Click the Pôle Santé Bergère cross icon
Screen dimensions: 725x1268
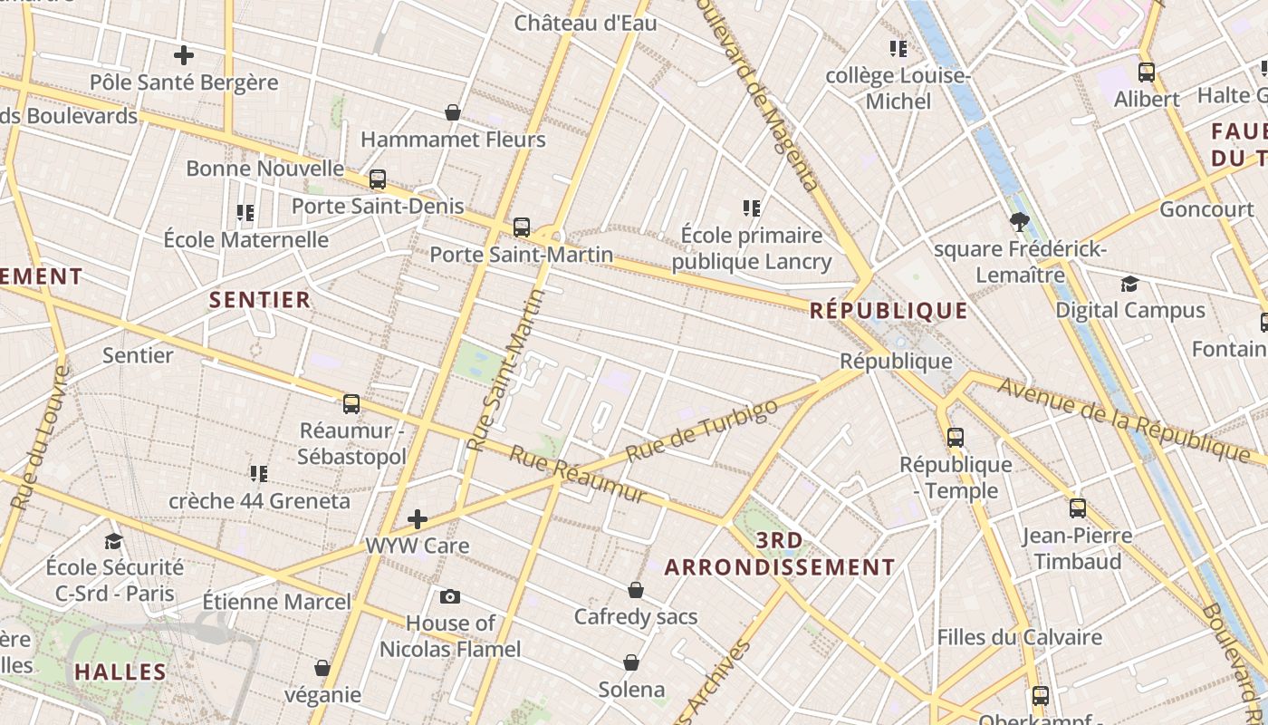184,55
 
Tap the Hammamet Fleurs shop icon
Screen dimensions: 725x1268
453,112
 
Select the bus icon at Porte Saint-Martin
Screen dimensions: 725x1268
522,227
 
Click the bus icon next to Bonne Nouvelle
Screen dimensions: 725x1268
378,179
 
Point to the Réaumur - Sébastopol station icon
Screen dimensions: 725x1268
351,403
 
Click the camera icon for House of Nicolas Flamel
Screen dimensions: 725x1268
449,596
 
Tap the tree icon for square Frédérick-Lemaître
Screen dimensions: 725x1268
1020,222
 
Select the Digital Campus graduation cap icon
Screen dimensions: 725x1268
1129,284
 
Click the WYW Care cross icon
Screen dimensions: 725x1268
418,519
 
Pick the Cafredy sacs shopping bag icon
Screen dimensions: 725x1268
636,590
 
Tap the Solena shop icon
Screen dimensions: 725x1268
631,662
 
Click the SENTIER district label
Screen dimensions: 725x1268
260,300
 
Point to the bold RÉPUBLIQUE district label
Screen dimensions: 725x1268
889,311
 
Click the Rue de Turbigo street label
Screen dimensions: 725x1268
702,430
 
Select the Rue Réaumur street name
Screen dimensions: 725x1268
578,474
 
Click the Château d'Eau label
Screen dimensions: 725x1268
585,24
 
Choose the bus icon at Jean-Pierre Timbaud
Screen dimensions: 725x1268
1077,508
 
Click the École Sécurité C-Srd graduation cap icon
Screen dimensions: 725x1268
113,542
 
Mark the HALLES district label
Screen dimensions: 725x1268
120,672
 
